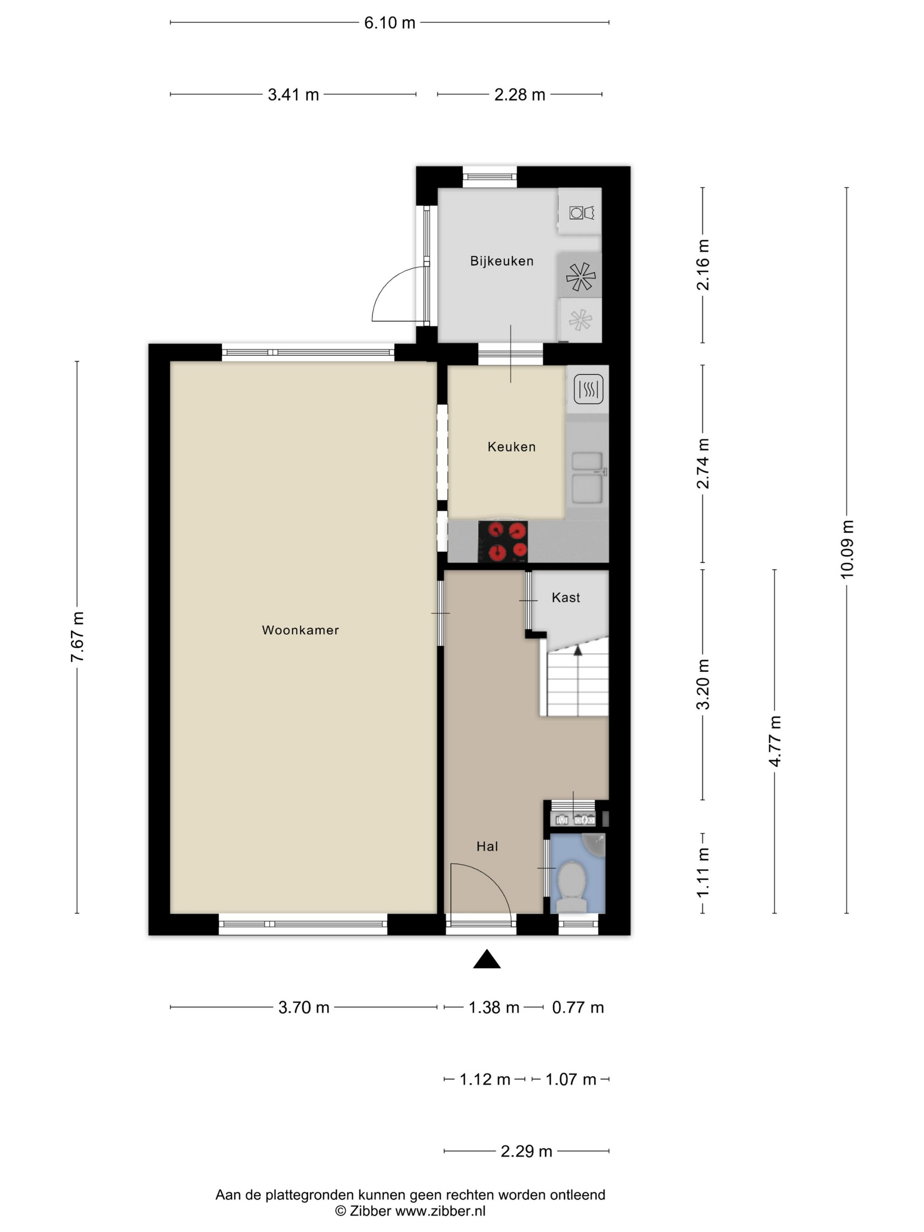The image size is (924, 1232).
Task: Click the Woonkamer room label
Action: click(300, 630)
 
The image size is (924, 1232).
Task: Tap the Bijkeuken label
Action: click(502, 260)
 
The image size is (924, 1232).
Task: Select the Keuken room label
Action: click(511, 447)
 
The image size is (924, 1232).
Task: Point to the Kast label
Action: click(566, 598)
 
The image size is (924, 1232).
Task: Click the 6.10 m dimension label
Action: click(390, 23)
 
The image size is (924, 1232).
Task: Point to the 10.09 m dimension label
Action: click(847, 549)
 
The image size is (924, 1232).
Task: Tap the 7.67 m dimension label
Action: click(77, 637)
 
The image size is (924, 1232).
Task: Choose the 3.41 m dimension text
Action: click(293, 95)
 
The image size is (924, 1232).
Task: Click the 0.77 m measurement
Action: click(578, 1008)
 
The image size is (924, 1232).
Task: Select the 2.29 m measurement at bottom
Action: click(526, 1151)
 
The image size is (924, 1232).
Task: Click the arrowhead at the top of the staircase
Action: click(578, 649)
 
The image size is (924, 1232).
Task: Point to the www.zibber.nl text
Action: click(440, 1210)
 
